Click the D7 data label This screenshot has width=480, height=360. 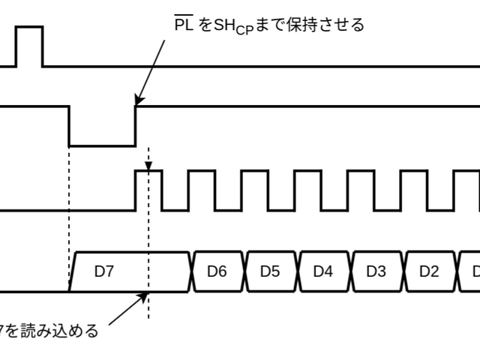click(x=103, y=271)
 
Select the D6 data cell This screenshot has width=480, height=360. click(x=217, y=271)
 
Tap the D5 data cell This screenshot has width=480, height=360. click(x=270, y=271)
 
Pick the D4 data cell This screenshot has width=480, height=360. click(x=323, y=271)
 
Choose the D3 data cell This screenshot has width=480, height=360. click(x=376, y=271)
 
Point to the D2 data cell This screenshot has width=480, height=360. click(x=429, y=271)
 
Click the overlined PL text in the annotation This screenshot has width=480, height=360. click(x=184, y=25)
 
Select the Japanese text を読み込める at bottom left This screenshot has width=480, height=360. click(x=52, y=331)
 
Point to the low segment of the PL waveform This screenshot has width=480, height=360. click(x=102, y=145)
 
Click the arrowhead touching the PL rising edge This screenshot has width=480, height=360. click(x=136, y=101)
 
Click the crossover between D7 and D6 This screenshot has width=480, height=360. click(x=192, y=271)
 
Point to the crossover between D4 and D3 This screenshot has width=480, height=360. click(x=350, y=271)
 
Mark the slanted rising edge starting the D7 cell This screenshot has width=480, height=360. click(x=73, y=271)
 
